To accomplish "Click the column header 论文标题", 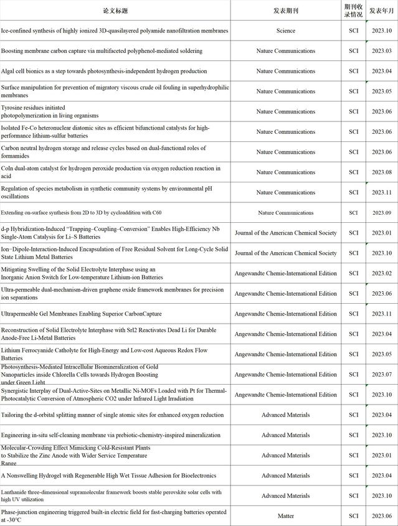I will [115, 11].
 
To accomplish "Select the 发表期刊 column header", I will [286, 11].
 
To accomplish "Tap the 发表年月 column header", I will [381, 11].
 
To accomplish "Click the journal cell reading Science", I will [286, 31].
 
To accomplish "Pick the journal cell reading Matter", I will [286, 516].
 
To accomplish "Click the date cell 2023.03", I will [381, 51].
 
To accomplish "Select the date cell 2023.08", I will [381, 172].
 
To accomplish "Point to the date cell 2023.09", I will [381, 213].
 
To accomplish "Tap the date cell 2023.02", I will [381, 273].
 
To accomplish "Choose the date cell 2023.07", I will [381, 375].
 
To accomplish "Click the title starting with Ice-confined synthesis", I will [115, 31].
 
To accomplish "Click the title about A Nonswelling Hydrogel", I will [109, 476].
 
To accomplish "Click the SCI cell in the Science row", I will [354, 31].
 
